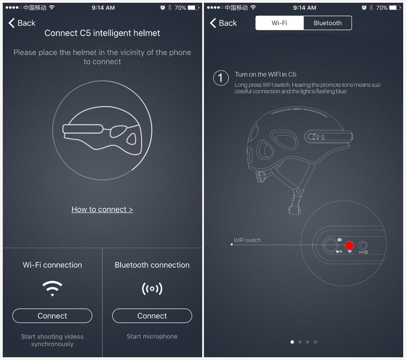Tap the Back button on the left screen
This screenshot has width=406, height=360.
point(22,23)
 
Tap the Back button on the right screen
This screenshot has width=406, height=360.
point(223,23)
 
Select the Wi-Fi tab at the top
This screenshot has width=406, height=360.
point(279,23)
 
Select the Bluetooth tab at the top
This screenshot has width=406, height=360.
point(328,23)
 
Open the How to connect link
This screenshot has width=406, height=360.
point(102,209)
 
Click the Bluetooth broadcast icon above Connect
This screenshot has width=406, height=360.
point(152,288)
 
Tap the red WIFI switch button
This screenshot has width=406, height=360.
point(350,245)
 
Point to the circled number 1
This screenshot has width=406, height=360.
point(221,78)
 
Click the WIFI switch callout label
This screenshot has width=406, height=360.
point(247,240)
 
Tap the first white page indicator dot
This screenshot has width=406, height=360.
point(292,342)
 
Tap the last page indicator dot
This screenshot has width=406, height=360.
point(316,342)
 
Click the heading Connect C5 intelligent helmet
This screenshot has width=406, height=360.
point(102,33)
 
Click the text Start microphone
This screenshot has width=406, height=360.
point(152,336)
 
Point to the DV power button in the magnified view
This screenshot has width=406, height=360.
point(363,246)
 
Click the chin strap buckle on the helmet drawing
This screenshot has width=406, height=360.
point(295,208)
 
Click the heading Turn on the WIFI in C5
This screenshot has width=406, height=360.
point(265,74)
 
